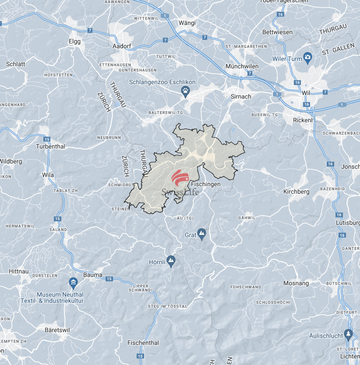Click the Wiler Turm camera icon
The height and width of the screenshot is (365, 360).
click(x=308, y=57)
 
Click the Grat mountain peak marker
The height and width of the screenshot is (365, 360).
click(x=202, y=234)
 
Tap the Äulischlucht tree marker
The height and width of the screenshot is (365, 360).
click(x=349, y=334)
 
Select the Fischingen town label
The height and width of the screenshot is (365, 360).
click(x=206, y=184)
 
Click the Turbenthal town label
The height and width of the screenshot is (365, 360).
click(x=50, y=146)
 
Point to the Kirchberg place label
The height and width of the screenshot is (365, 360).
click(x=296, y=191)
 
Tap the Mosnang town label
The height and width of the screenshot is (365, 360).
click(x=296, y=283)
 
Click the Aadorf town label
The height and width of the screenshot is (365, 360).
click(x=122, y=46)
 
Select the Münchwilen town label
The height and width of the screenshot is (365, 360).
click(x=242, y=66)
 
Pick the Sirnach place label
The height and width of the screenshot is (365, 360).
click(x=241, y=96)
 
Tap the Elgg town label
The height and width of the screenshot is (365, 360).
click(x=75, y=41)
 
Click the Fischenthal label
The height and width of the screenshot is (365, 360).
click(x=143, y=343)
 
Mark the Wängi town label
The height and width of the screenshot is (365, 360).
click(x=187, y=23)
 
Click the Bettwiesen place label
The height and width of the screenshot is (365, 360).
click(x=277, y=32)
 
